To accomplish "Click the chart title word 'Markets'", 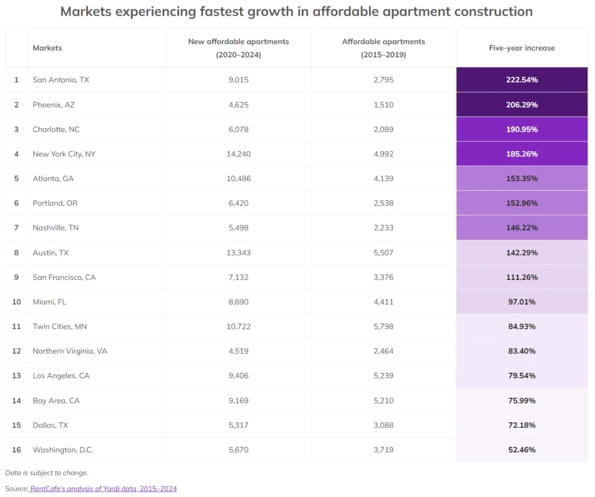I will pos(88,11).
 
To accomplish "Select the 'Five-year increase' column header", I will pos(521,48).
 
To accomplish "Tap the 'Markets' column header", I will pos(47,48).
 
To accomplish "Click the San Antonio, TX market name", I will pos(61,80).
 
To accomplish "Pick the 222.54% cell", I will pos(521,80).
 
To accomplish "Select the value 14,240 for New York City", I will pos(238,154).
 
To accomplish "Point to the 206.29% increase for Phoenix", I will pos(521,105).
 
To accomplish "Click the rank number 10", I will pos(16,302).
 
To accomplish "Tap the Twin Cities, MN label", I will pos(60,326).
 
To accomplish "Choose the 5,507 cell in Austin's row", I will pos(383,253).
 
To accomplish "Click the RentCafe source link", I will pos(103,489).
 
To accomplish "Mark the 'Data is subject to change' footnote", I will pos(46,473).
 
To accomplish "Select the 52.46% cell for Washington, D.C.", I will pos(521,450).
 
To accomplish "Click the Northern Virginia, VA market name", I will pos(70,351).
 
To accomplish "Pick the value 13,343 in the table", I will pos(238,253).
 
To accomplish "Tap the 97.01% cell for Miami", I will pos(521,302).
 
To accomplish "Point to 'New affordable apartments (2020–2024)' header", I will pos(238,48).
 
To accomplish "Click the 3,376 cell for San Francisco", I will pos(383,277).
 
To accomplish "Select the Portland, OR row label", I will pos(55,203).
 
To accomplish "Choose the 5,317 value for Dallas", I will pos(238,425).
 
